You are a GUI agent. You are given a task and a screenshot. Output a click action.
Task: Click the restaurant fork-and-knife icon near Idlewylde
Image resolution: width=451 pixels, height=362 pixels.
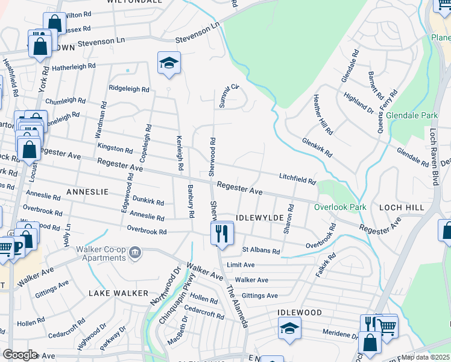tap(222, 232)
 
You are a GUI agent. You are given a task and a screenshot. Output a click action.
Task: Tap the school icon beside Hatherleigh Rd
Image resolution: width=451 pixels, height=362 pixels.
tap(169, 62)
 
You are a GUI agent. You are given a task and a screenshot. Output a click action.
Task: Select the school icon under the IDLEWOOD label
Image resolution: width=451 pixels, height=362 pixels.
tap(289, 328)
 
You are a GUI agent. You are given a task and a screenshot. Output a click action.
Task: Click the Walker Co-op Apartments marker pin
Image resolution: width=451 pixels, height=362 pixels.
tap(135, 252)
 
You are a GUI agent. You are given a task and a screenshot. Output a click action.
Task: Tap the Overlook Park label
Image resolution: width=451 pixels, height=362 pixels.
tap(339, 207)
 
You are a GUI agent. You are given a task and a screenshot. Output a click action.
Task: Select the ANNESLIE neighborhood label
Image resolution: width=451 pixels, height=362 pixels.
tap(87, 191)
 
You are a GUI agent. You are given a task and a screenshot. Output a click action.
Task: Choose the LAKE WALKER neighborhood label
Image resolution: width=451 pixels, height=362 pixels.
tap(118, 293)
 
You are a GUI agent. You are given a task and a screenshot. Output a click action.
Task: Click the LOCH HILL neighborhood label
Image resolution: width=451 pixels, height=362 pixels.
tap(402, 207)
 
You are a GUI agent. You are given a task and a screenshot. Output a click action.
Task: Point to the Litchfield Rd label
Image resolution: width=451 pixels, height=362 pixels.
tap(297, 179)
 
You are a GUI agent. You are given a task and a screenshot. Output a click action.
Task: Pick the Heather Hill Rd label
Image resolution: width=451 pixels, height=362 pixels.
tap(323, 115)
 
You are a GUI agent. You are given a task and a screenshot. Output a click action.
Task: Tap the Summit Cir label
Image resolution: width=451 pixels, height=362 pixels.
tap(229, 97)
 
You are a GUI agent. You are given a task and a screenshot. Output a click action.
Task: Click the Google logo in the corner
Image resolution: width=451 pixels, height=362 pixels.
tap(20, 354)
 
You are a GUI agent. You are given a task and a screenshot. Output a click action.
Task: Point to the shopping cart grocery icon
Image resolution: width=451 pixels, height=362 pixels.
tap(386, 326)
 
